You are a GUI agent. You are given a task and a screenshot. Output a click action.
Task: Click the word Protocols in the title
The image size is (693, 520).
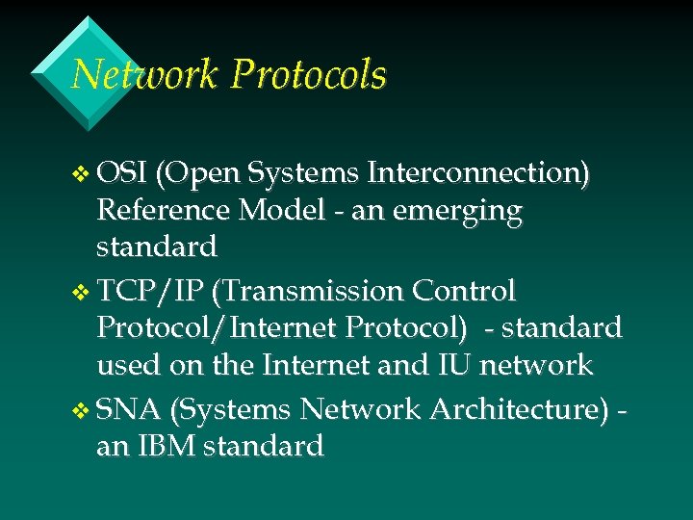click(x=310, y=75)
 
